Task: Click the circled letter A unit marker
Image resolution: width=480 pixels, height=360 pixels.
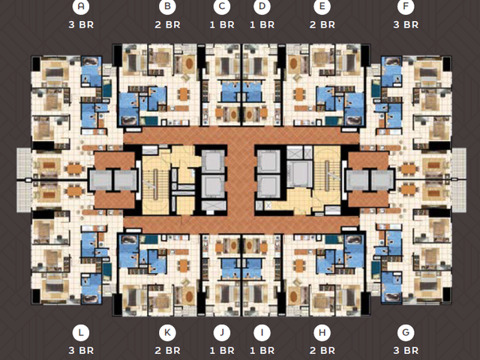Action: [x=81, y=6]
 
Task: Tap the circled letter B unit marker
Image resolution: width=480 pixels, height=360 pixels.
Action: [x=167, y=6]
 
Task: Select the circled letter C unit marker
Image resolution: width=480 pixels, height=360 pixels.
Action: [x=222, y=6]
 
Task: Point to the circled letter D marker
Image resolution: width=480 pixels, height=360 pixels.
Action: [x=262, y=6]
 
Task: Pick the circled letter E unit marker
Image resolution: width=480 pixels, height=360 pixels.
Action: [x=322, y=6]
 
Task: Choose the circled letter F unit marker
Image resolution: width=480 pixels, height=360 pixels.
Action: [x=406, y=6]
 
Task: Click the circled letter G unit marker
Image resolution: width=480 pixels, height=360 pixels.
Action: [x=406, y=332]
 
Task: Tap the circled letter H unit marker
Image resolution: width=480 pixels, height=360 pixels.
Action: [x=322, y=332]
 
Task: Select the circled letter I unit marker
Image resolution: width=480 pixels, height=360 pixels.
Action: [x=262, y=332]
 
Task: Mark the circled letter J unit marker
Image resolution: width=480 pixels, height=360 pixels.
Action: [x=222, y=332]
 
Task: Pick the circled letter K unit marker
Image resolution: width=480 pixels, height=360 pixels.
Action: [x=167, y=332]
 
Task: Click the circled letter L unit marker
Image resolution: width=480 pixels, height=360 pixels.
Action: [x=81, y=332]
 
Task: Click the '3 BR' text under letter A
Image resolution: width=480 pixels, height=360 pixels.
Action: [x=81, y=25]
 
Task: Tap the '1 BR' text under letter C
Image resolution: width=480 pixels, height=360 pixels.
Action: [x=222, y=25]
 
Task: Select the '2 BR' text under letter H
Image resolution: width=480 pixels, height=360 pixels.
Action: [x=322, y=350]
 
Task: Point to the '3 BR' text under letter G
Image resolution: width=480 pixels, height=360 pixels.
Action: [x=406, y=350]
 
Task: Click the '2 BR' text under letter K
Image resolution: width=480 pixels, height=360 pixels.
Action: [x=167, y=350]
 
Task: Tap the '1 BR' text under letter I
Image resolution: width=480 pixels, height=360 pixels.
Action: [x=262, y=350]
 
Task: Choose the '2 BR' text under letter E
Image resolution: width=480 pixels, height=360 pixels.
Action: [x=322, y=25]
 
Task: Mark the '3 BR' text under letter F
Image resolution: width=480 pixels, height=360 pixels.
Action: [x=406, y=25]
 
